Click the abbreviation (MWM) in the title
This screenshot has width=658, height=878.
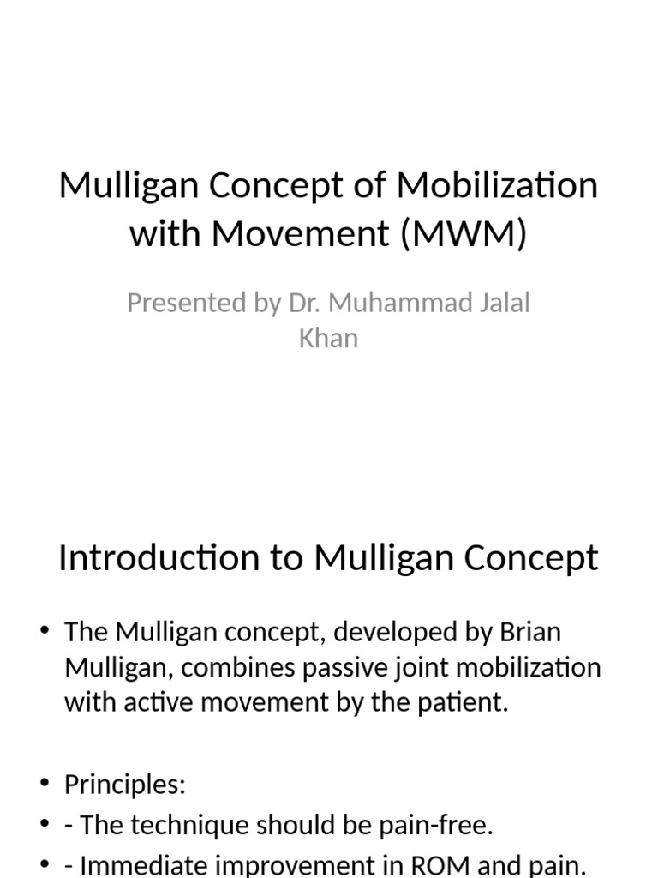point(462,233)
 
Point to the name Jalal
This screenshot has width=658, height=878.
point(500,303)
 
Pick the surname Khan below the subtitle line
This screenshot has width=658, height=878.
point(328,338)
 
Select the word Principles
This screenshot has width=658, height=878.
point(124,785)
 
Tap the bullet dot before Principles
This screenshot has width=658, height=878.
point(44,785)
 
